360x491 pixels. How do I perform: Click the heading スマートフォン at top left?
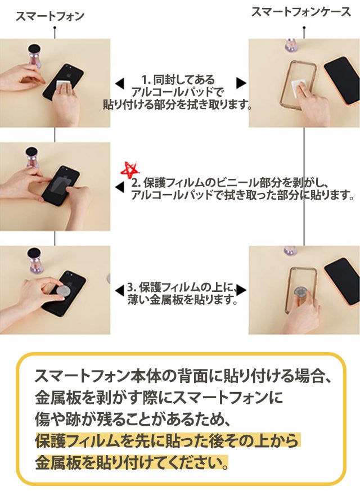tap(49, 16)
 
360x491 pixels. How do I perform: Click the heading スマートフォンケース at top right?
tap(301, 12)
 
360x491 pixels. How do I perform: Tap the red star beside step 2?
tap(130, 169)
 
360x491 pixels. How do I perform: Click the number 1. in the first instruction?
tap(145, 80)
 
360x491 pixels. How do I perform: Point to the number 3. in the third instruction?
tap(132, 287)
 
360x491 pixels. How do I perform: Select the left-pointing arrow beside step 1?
tap(120, 83)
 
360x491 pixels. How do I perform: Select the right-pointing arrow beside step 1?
tap(241, 83)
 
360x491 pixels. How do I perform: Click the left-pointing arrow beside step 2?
tap(120, 187)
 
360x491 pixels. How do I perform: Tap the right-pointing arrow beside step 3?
tap(241, 291)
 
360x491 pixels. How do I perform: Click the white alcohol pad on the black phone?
tap(64, 85)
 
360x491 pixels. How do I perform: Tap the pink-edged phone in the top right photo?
tap(341, 80)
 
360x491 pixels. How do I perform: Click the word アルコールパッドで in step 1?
tap(178, 92)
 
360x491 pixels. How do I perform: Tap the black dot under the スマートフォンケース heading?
tap(304, 28)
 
